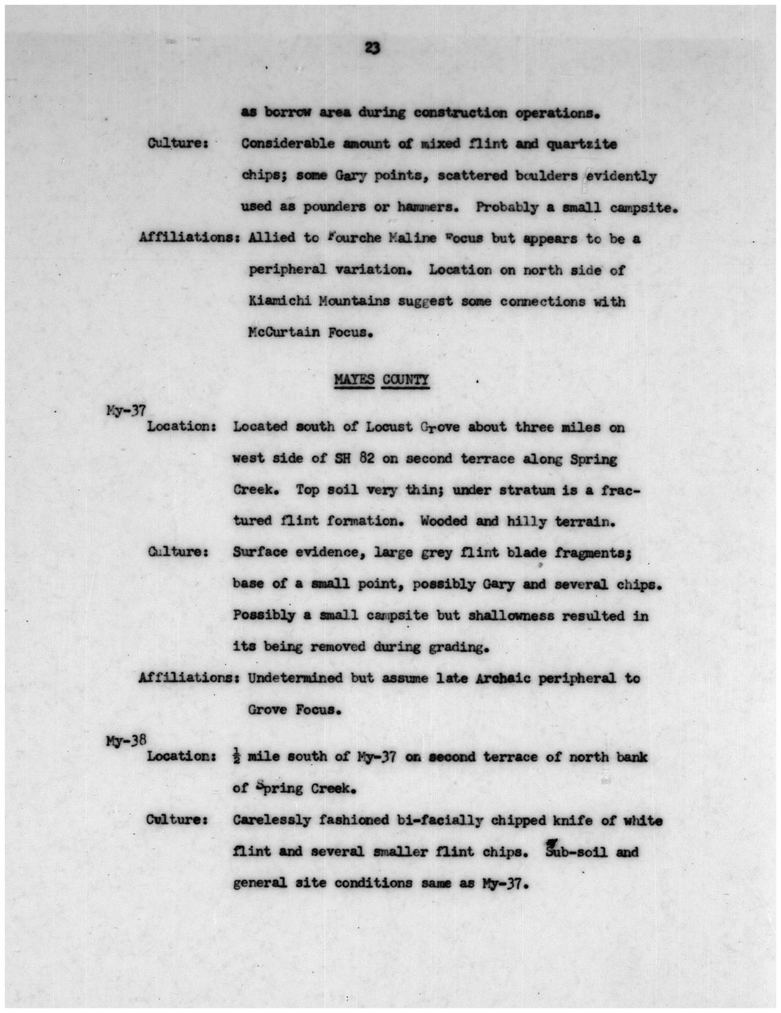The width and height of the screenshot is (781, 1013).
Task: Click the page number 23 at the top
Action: pos(372,48)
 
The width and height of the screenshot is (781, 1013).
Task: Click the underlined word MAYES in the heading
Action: pos(354,380)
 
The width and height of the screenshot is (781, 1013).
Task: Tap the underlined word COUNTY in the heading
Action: pos(410,380)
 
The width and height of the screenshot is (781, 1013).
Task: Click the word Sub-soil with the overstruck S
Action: pos(573,852)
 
